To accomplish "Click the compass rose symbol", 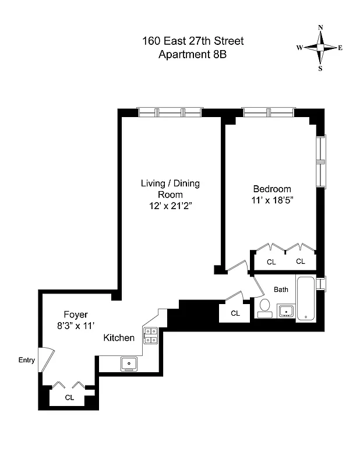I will pyautogui.click(x=320, y=48).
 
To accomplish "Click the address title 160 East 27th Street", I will pyautogui.click(x=193, y=41).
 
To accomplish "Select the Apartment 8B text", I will pyautogui.click(x=193, y=55).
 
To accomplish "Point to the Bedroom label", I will pyautogui.click(x=271, y=189).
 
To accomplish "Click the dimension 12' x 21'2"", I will pyautogui.click(x=170, y=206).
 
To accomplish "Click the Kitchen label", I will pyautogui.click(x=119, y=338).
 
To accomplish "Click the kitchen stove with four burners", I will pyautogui.click(x=150, y=336).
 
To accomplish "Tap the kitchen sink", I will pyautogui.click(x=129, y=364).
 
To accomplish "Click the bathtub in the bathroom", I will pyautogui.click(x=306, y=299).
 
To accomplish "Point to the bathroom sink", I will pyautogui.click(x=285, y=311).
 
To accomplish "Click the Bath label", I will pyautogui.click(x=281, y=290).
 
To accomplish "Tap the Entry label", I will pyautogui.click(x=27, y=360).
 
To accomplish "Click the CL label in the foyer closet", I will pyautogui.click(x=69, y=397).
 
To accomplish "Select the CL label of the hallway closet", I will pyautogui.click(x=235, y=313).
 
